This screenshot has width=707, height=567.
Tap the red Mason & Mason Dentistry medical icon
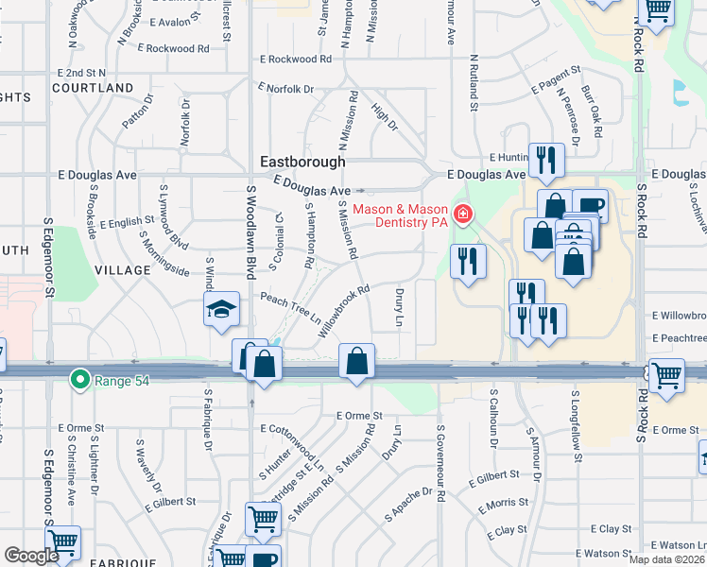[462, 215]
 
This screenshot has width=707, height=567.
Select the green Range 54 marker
[80, 381]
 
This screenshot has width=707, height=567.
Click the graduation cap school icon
[220, 309]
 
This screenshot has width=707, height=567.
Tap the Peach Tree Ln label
[290, 306]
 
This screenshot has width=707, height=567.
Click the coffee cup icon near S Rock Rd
[591, 205]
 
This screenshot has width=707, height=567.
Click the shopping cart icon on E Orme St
[667, 375]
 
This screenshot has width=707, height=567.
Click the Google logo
[31, 556]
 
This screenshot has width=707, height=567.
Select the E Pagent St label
[555, 80]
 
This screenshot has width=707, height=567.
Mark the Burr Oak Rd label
[592, 112]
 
